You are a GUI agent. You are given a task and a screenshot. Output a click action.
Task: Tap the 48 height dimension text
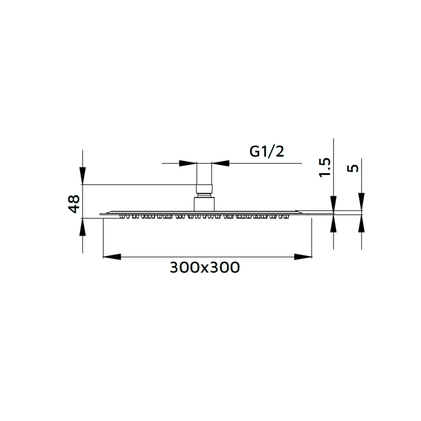click(74, 204)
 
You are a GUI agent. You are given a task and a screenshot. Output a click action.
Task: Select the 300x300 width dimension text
click(205, 267)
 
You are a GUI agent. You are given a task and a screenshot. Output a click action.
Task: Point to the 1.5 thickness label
click(324, 167)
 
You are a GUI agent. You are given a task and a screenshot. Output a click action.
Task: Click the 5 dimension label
click(353, 169)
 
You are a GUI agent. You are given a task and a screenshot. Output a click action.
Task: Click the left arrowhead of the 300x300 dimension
click(112, 257)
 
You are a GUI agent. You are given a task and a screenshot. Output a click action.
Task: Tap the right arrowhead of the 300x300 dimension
click(303, 257)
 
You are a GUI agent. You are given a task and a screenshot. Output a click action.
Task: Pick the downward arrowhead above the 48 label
click(82, 176)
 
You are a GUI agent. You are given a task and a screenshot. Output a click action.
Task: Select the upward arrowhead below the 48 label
click(82, 227)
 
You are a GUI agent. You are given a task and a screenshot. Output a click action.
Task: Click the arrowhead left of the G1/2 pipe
click(188, 163)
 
